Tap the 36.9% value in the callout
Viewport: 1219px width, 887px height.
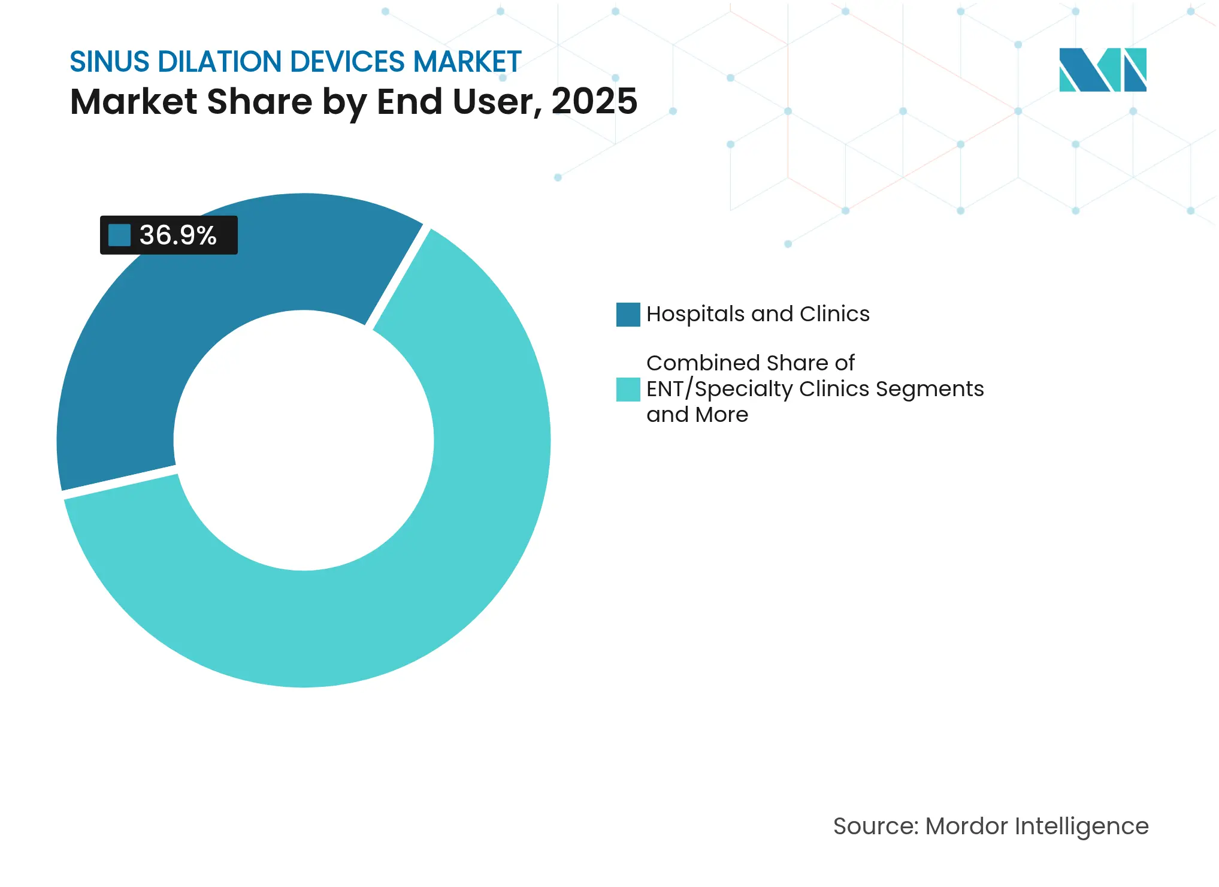(x=178, y=235)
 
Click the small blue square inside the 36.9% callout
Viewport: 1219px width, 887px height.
(x=119, y=235)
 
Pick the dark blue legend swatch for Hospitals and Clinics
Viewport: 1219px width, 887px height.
(x=628, y=315)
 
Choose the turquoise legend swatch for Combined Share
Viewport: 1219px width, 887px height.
(x=628, y=390)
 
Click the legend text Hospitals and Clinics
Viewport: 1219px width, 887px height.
(x=758, y=314)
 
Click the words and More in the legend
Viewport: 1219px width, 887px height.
(x=697, y=415)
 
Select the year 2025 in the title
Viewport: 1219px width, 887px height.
(x=594, y=101)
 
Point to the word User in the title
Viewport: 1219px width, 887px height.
(x=497, y=101)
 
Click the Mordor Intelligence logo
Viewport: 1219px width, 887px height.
(x=1102, y=70)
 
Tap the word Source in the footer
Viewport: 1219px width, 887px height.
(x=875, y=826)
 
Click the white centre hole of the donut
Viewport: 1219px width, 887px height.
(x=304, y=441)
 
